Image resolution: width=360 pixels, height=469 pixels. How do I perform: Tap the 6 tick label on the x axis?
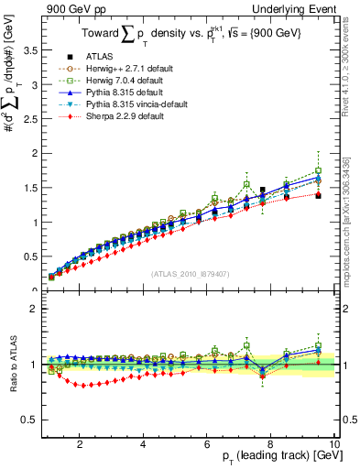(x=207, y=444)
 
